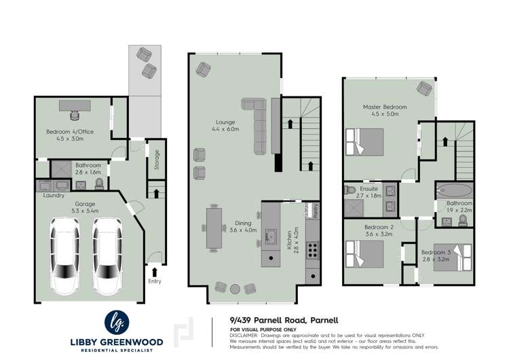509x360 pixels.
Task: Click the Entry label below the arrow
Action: pos(154,280)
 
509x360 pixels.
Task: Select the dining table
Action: pos(214,228)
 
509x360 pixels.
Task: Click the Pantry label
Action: pos(315,211)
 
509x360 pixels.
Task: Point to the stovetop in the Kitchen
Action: pos(314,250)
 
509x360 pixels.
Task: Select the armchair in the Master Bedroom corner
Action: pos(425,88)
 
